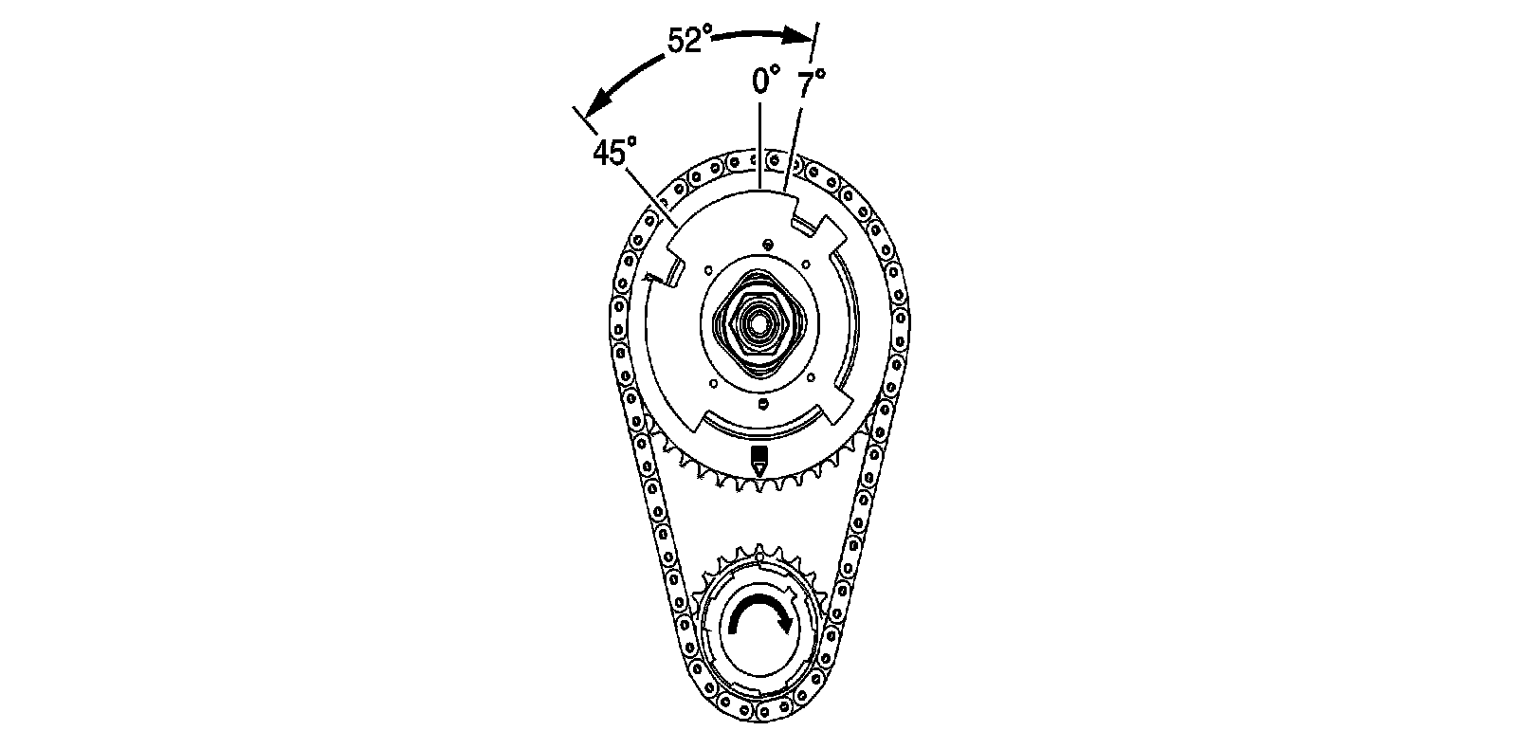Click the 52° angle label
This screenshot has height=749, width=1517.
pos(689,40)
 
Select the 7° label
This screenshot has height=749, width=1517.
pos(811,84)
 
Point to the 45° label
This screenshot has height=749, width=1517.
pos(614,152)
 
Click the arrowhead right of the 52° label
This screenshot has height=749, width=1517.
pos(799,35)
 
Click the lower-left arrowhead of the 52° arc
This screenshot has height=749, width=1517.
pos(597,107)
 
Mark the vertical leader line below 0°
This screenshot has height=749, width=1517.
pos(760,145)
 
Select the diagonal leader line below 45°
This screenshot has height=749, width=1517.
pos(650,197)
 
